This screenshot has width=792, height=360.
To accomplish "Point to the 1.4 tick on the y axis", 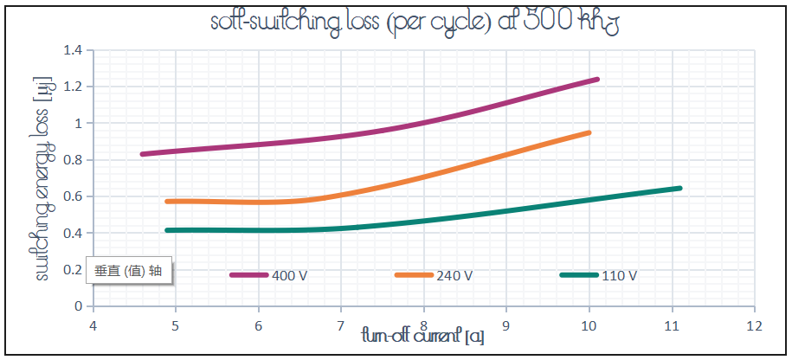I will pos(73,50).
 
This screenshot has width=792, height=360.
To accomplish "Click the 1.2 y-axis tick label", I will pos(73,87).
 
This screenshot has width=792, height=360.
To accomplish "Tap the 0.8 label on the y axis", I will pos(73,160).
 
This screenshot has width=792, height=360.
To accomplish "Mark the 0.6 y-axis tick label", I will pos(73,196).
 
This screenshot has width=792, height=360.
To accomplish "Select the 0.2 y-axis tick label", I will pos(73,269).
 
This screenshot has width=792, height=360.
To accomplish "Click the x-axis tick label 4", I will pos(93,325).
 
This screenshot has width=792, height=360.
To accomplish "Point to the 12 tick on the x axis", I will pos(755,325).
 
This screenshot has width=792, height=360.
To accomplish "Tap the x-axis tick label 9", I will pos(506,325).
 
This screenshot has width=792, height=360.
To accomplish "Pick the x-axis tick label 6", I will pos(259,325).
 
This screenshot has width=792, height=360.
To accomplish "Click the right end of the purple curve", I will pos(596,80).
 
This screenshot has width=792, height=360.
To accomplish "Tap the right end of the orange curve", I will pos(589,132).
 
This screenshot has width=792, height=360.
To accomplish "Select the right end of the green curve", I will pos(679,188).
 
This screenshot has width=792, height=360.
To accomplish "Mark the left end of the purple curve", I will pos(143,154).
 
